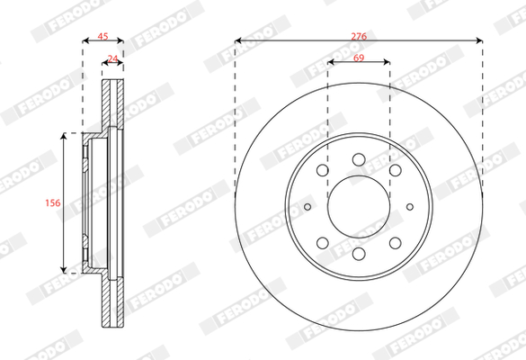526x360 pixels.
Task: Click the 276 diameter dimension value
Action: [359, 36]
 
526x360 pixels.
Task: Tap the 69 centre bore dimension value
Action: [359, 58]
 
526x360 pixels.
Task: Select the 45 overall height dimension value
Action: [103, 36]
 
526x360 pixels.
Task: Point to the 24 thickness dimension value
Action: [112, 58]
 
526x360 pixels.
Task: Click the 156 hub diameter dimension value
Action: [53, 202]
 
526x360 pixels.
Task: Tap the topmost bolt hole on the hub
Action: [359, 159]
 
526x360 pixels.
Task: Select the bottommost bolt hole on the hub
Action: [359, 254]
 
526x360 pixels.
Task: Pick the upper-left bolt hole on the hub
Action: [323, 170]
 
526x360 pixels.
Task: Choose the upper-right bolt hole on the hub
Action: [395, 170]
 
